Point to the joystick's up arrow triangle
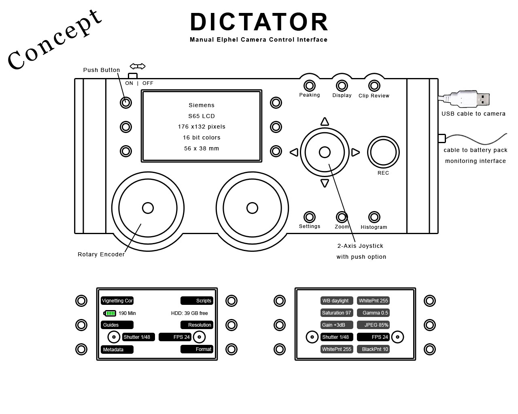click(x=325, y=122)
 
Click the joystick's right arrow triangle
click(x=355, y=152)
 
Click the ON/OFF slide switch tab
click(x=133, y=76)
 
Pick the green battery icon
click(x=110, y=313)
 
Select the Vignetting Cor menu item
click(x=117, y=301)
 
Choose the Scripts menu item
click(x=197, y=301)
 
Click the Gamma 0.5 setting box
click(x=373, y=313)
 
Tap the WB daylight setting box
click(x=337, y=301)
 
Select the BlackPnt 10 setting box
click(x=373, y=349)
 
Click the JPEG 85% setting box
click(x=373, y=325)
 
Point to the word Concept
click(x=54, y=40)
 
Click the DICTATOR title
click(x=259, y=22)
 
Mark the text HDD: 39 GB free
click(x=189, y=313)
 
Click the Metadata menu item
click(x=117, y=350)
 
